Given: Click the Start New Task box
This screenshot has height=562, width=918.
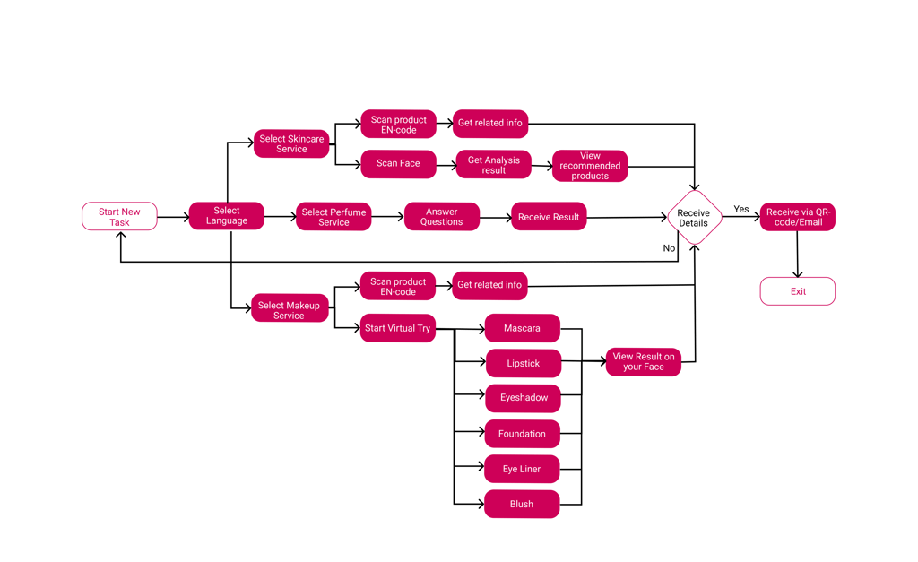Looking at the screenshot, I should tap(119, 217).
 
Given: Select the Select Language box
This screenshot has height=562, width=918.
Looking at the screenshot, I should tap(226, 216).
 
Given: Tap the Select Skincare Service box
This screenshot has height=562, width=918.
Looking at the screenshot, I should tap(291, 143).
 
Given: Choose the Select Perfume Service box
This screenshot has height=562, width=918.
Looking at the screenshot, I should tap(333, 217).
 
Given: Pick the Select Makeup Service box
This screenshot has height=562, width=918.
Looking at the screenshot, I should tap(289, 310).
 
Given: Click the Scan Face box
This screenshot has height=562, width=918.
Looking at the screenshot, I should tap(398, 164).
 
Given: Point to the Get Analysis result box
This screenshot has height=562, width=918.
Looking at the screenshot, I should tap(493, 165).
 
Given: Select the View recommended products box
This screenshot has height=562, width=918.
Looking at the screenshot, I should tap(590, 166).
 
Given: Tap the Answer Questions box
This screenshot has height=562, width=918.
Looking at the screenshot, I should tap(441, 217).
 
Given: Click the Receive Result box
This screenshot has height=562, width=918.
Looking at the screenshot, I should tap(549, 217).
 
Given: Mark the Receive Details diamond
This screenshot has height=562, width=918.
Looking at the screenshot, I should tap(694, 218).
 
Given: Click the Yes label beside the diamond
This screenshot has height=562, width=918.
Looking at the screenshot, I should tap(741, 210).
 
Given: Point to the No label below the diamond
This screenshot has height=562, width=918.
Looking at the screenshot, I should tap(669, 248).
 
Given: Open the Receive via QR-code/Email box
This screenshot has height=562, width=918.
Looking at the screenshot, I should tap(798, 217).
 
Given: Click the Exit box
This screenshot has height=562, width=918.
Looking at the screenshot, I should tap(798, 291).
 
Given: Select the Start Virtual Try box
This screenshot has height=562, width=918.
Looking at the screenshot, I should tap(397, 328).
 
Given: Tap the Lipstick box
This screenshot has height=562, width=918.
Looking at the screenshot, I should tap(523, 363).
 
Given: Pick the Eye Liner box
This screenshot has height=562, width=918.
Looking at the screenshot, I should tap(522, 469).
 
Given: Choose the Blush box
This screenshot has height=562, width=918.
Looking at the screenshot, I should tap(522, 504).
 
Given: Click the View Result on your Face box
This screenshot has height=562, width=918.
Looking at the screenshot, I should tap(644, 362).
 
